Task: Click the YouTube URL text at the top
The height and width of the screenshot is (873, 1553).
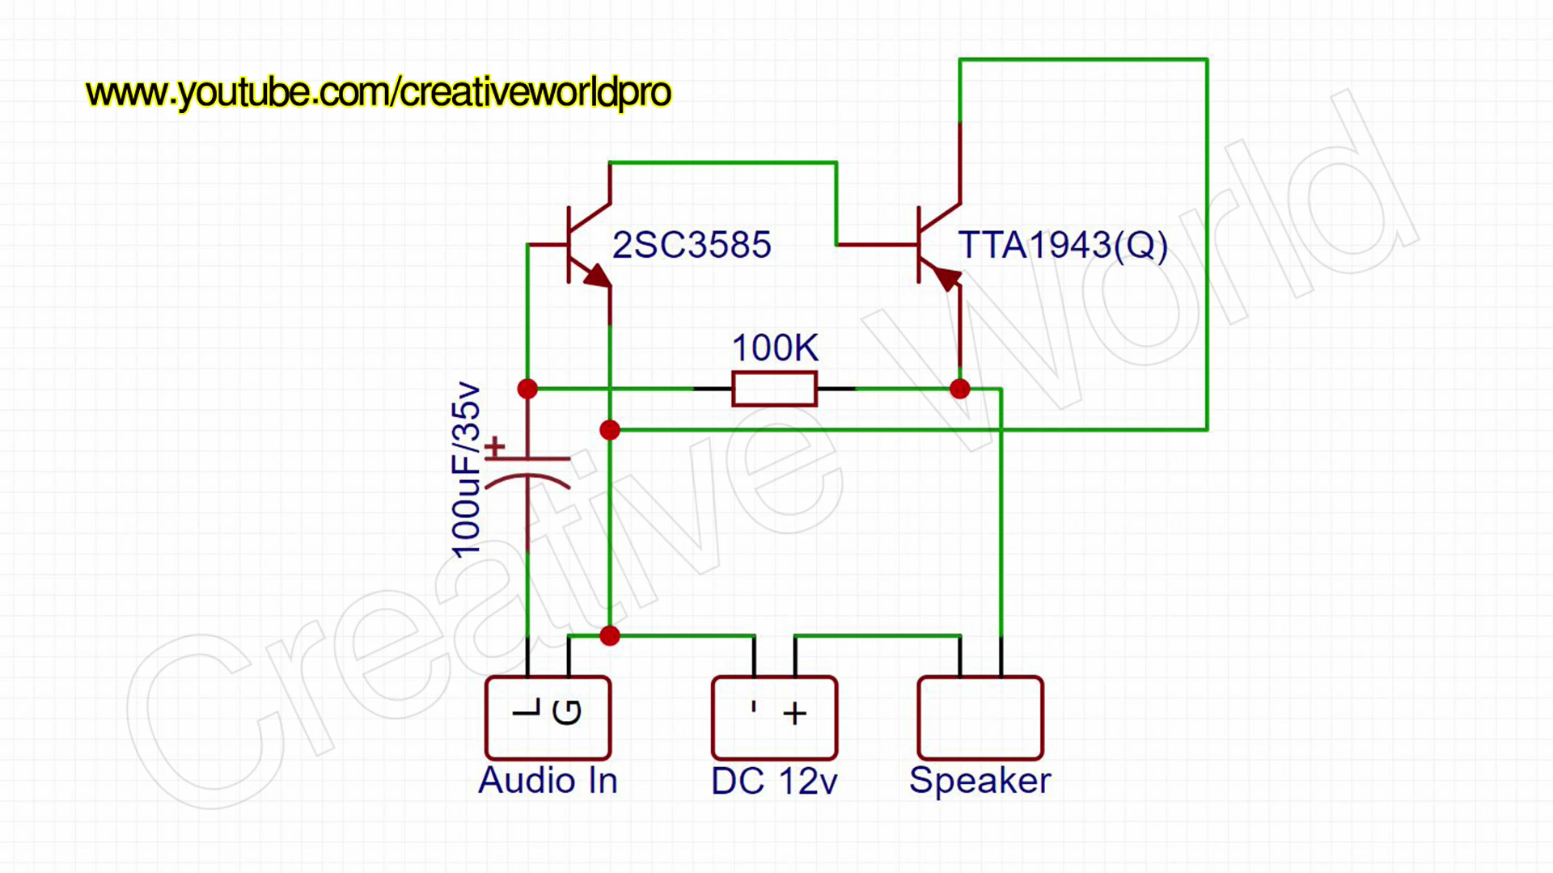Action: [378, 92]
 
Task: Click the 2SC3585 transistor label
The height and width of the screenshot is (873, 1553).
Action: [692, 245]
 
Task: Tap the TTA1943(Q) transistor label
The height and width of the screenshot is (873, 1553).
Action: [1062, 245]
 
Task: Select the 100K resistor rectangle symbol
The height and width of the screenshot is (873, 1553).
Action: [774, 389]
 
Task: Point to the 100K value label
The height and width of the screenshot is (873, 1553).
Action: [775, 348]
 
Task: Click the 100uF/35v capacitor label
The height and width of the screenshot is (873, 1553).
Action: [467, 470]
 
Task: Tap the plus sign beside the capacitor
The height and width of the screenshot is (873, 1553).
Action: [494, 445]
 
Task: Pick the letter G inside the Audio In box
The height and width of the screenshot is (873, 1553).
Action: [567, 712]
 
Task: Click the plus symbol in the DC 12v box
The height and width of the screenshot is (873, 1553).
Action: [794, 713]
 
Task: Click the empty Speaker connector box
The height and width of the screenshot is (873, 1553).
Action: [980, 718]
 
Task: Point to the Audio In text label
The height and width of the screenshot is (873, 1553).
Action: [548, 781]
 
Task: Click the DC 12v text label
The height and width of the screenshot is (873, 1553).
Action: [774, 782]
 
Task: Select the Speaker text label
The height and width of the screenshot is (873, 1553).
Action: [980, 781]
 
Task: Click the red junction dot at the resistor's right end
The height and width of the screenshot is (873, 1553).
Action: [959, 389]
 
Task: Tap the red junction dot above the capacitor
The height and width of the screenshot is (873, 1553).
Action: [527, 389]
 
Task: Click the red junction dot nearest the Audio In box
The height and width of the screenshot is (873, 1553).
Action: [610, 636]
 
